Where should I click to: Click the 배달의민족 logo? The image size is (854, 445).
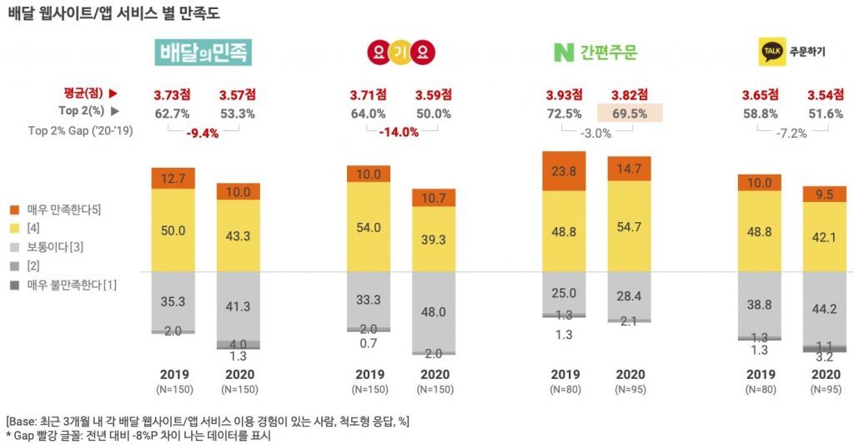coord(203,53)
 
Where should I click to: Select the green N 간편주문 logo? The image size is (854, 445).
coord(595,53)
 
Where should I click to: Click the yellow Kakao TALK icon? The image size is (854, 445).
coord(770,52)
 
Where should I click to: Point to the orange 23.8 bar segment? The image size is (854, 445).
coord(564,171)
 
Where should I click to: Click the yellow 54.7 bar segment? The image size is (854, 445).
coord(630,226)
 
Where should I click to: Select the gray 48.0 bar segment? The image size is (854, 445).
coord(433,311)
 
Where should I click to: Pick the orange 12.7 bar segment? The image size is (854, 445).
coord(173,178)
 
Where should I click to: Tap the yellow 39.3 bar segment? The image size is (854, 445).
coord(433,239)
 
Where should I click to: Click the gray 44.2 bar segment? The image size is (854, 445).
coord(826,307)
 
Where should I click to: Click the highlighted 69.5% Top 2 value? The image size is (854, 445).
coord(630,114)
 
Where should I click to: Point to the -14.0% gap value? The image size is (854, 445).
coord(399,132)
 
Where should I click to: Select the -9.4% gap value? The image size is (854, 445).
coord(203,132)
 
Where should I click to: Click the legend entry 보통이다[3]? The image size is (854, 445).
coord(55,246)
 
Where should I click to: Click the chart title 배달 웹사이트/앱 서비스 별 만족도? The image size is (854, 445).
coord(114,14)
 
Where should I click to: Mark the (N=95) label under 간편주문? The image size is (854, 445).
coord(630,390)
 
